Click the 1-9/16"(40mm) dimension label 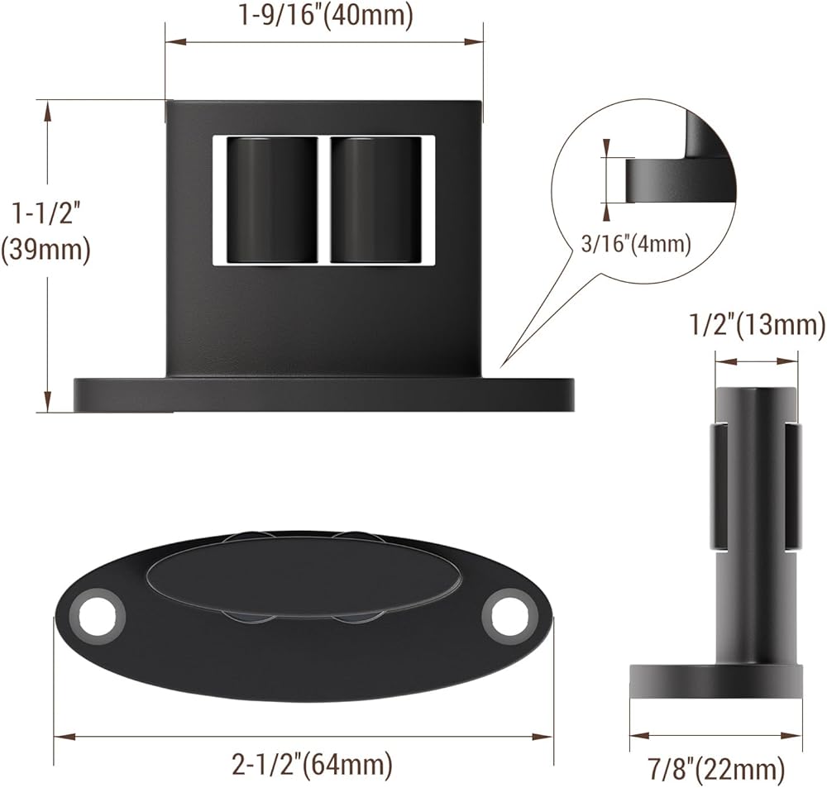[325, 15]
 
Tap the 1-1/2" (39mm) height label [45, 232]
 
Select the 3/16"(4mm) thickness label [635, 244]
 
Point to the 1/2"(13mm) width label [758, 325]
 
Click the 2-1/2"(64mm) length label [313, 764]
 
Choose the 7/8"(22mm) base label [716, 769]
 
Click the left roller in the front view [271, 199]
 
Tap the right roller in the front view [376, 199]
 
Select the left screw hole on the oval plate [98, 615]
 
